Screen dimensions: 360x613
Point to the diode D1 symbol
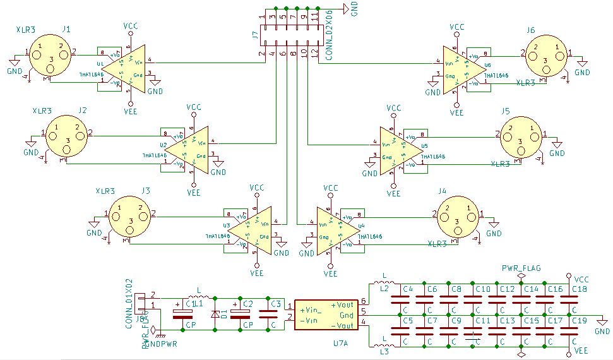215,314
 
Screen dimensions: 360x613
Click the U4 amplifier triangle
335,231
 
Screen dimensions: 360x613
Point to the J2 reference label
83,110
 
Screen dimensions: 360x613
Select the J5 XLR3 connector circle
522,137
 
